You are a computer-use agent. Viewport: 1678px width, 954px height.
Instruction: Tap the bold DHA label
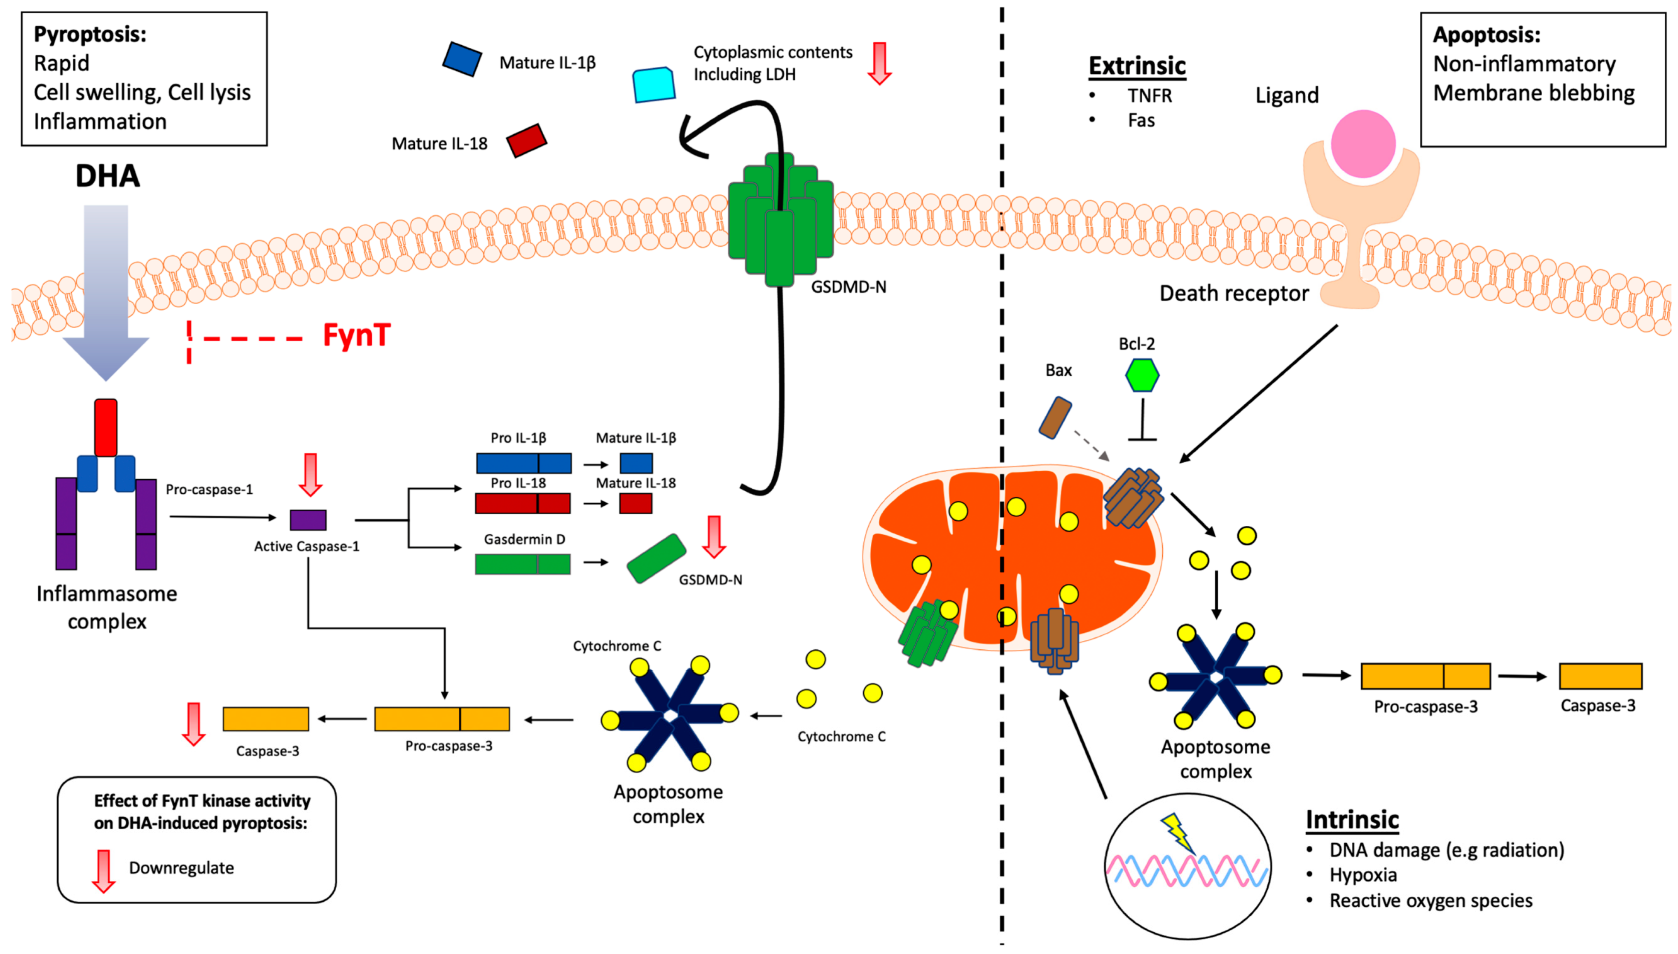click(108, 175)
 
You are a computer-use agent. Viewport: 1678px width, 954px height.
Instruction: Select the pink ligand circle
click(1363, 144)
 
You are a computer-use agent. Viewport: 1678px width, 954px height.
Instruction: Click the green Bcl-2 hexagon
click(1142, 375)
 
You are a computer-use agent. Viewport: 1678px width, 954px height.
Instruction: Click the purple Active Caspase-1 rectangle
click(308, 520)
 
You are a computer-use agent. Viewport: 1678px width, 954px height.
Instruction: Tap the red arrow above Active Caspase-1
click(310, 474)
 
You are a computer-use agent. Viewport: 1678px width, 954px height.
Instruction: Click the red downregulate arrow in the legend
click(103, 871)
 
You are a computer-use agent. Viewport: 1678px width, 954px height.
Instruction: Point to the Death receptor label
click(1234, 294)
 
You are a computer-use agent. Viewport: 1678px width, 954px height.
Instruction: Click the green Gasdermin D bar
click(522, 564)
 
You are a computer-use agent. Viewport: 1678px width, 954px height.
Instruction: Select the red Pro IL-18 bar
click(522, 503)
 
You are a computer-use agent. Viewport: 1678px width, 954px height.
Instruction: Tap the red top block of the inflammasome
click(105, 427)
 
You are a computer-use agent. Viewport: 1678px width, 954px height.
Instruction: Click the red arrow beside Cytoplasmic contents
click(879, 63)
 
